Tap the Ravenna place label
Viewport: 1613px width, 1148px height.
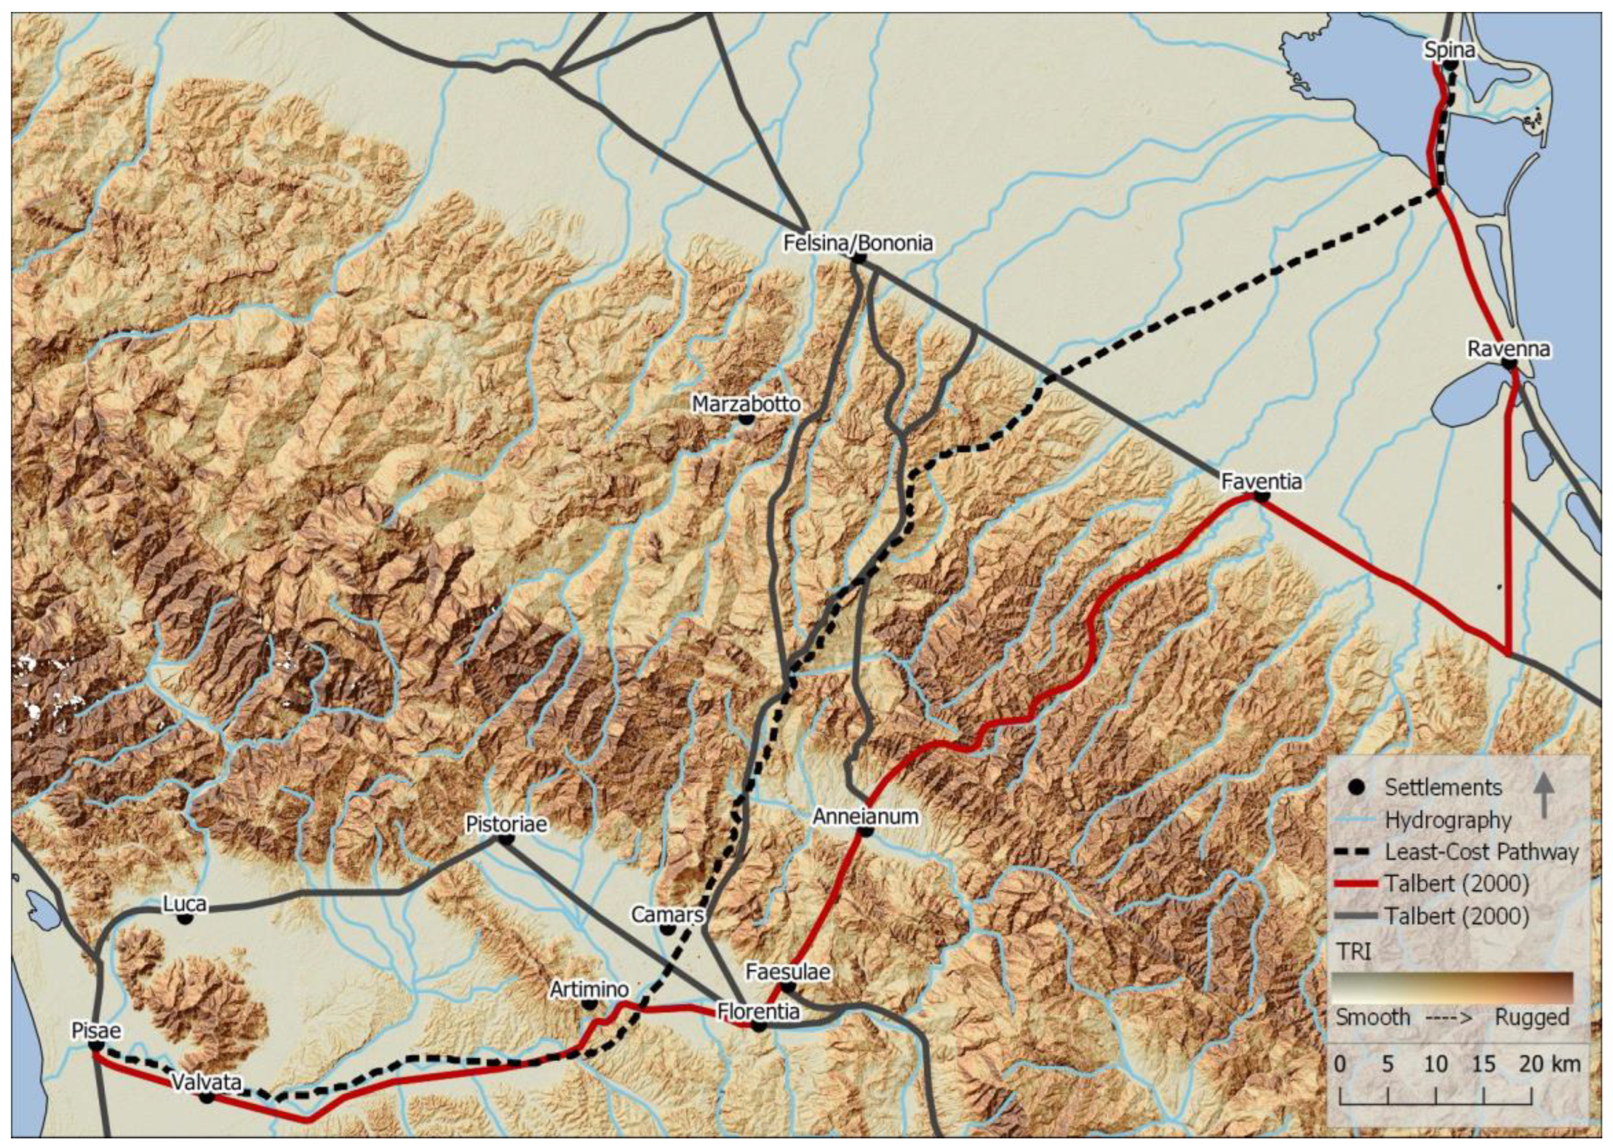[1507, 348]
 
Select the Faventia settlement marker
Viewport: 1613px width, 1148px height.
[1262, 497]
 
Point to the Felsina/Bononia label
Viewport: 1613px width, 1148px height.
[857, 243]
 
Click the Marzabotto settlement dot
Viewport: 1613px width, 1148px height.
[746, 418]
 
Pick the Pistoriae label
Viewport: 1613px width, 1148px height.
[506, 823]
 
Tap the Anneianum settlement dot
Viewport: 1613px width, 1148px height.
[865, 831]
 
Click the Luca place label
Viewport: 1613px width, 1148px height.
[184, 904]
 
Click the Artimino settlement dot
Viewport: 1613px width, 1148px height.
[589, 1004]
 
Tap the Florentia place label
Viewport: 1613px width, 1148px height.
[758, 1011]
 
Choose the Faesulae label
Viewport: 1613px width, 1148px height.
[787, 972]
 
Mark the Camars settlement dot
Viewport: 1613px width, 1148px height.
[667, 929]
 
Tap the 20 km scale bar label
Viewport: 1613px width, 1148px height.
[1555, 1064]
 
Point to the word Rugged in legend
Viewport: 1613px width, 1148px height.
[1531, 1017]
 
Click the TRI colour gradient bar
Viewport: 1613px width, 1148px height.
[1452, 987]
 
